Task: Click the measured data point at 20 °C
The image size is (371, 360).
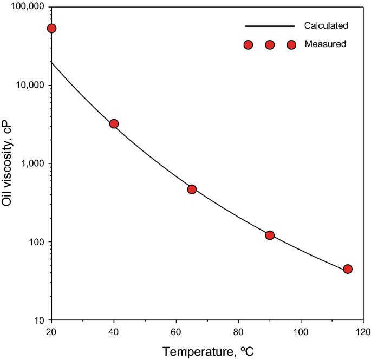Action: pos(51,28)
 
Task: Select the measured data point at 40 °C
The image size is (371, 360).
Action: pos(114,124)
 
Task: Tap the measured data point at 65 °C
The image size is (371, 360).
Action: pos(192,189)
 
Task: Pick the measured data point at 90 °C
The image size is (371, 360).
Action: pos(270,235)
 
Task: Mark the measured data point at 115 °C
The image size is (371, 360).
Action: pos(348,269)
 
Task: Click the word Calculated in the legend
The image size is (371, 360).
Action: pos(326,25)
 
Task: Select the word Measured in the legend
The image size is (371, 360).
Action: pos(325,44)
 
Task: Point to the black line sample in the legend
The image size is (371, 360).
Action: pos(269,26)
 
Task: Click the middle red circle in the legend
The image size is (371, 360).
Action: pos(270,45)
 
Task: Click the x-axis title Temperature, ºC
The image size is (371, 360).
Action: pos(207,351)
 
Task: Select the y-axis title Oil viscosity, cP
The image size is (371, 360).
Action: pos(8,163)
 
